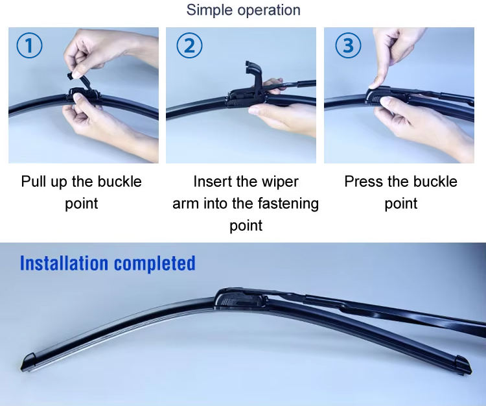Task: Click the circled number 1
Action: click(x=29, y=45)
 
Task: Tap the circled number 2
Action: click(x=189, y=45)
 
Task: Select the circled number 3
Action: click(x=348, y=45)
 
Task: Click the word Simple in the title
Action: click(x=209, y=10)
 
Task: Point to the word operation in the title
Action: click(x=269, y=10)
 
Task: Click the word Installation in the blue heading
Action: click(x=64, y=263)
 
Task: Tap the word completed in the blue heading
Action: click(x=155, y=264)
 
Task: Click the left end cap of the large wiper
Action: click(x=29, y=362)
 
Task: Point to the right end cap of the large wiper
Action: click(x=464, y=364)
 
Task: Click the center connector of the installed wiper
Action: click(x=240, y=298)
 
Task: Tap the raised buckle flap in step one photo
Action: click(x=78, y=80)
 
